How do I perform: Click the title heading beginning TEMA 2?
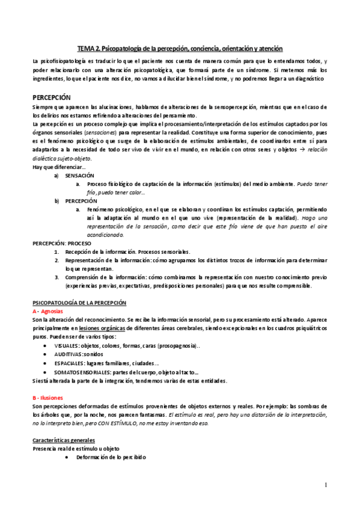point(180,48)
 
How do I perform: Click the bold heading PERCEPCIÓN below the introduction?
point(52,97)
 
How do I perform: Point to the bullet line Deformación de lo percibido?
point(111,458)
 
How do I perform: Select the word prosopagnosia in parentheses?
point(183,346)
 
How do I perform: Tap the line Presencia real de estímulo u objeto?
point(75,449)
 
